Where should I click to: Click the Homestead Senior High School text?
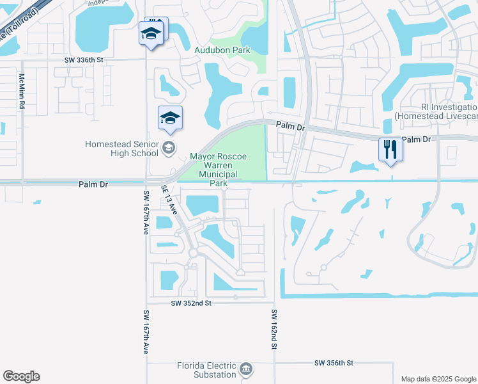click(122, 148)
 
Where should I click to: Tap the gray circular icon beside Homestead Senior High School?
click(169, 148)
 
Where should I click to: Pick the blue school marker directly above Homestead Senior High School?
click(171, 118)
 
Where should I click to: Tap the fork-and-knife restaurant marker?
click(390, 150)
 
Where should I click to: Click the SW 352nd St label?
click(191, 303)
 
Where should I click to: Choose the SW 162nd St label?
click(273, 329)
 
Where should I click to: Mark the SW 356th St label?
click(334, 363)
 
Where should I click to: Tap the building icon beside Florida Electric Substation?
click(246, 369)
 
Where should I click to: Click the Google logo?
click(21, 376)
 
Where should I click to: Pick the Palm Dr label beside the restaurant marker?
click(417, 140)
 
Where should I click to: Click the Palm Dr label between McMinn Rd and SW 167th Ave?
click(93, 184)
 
